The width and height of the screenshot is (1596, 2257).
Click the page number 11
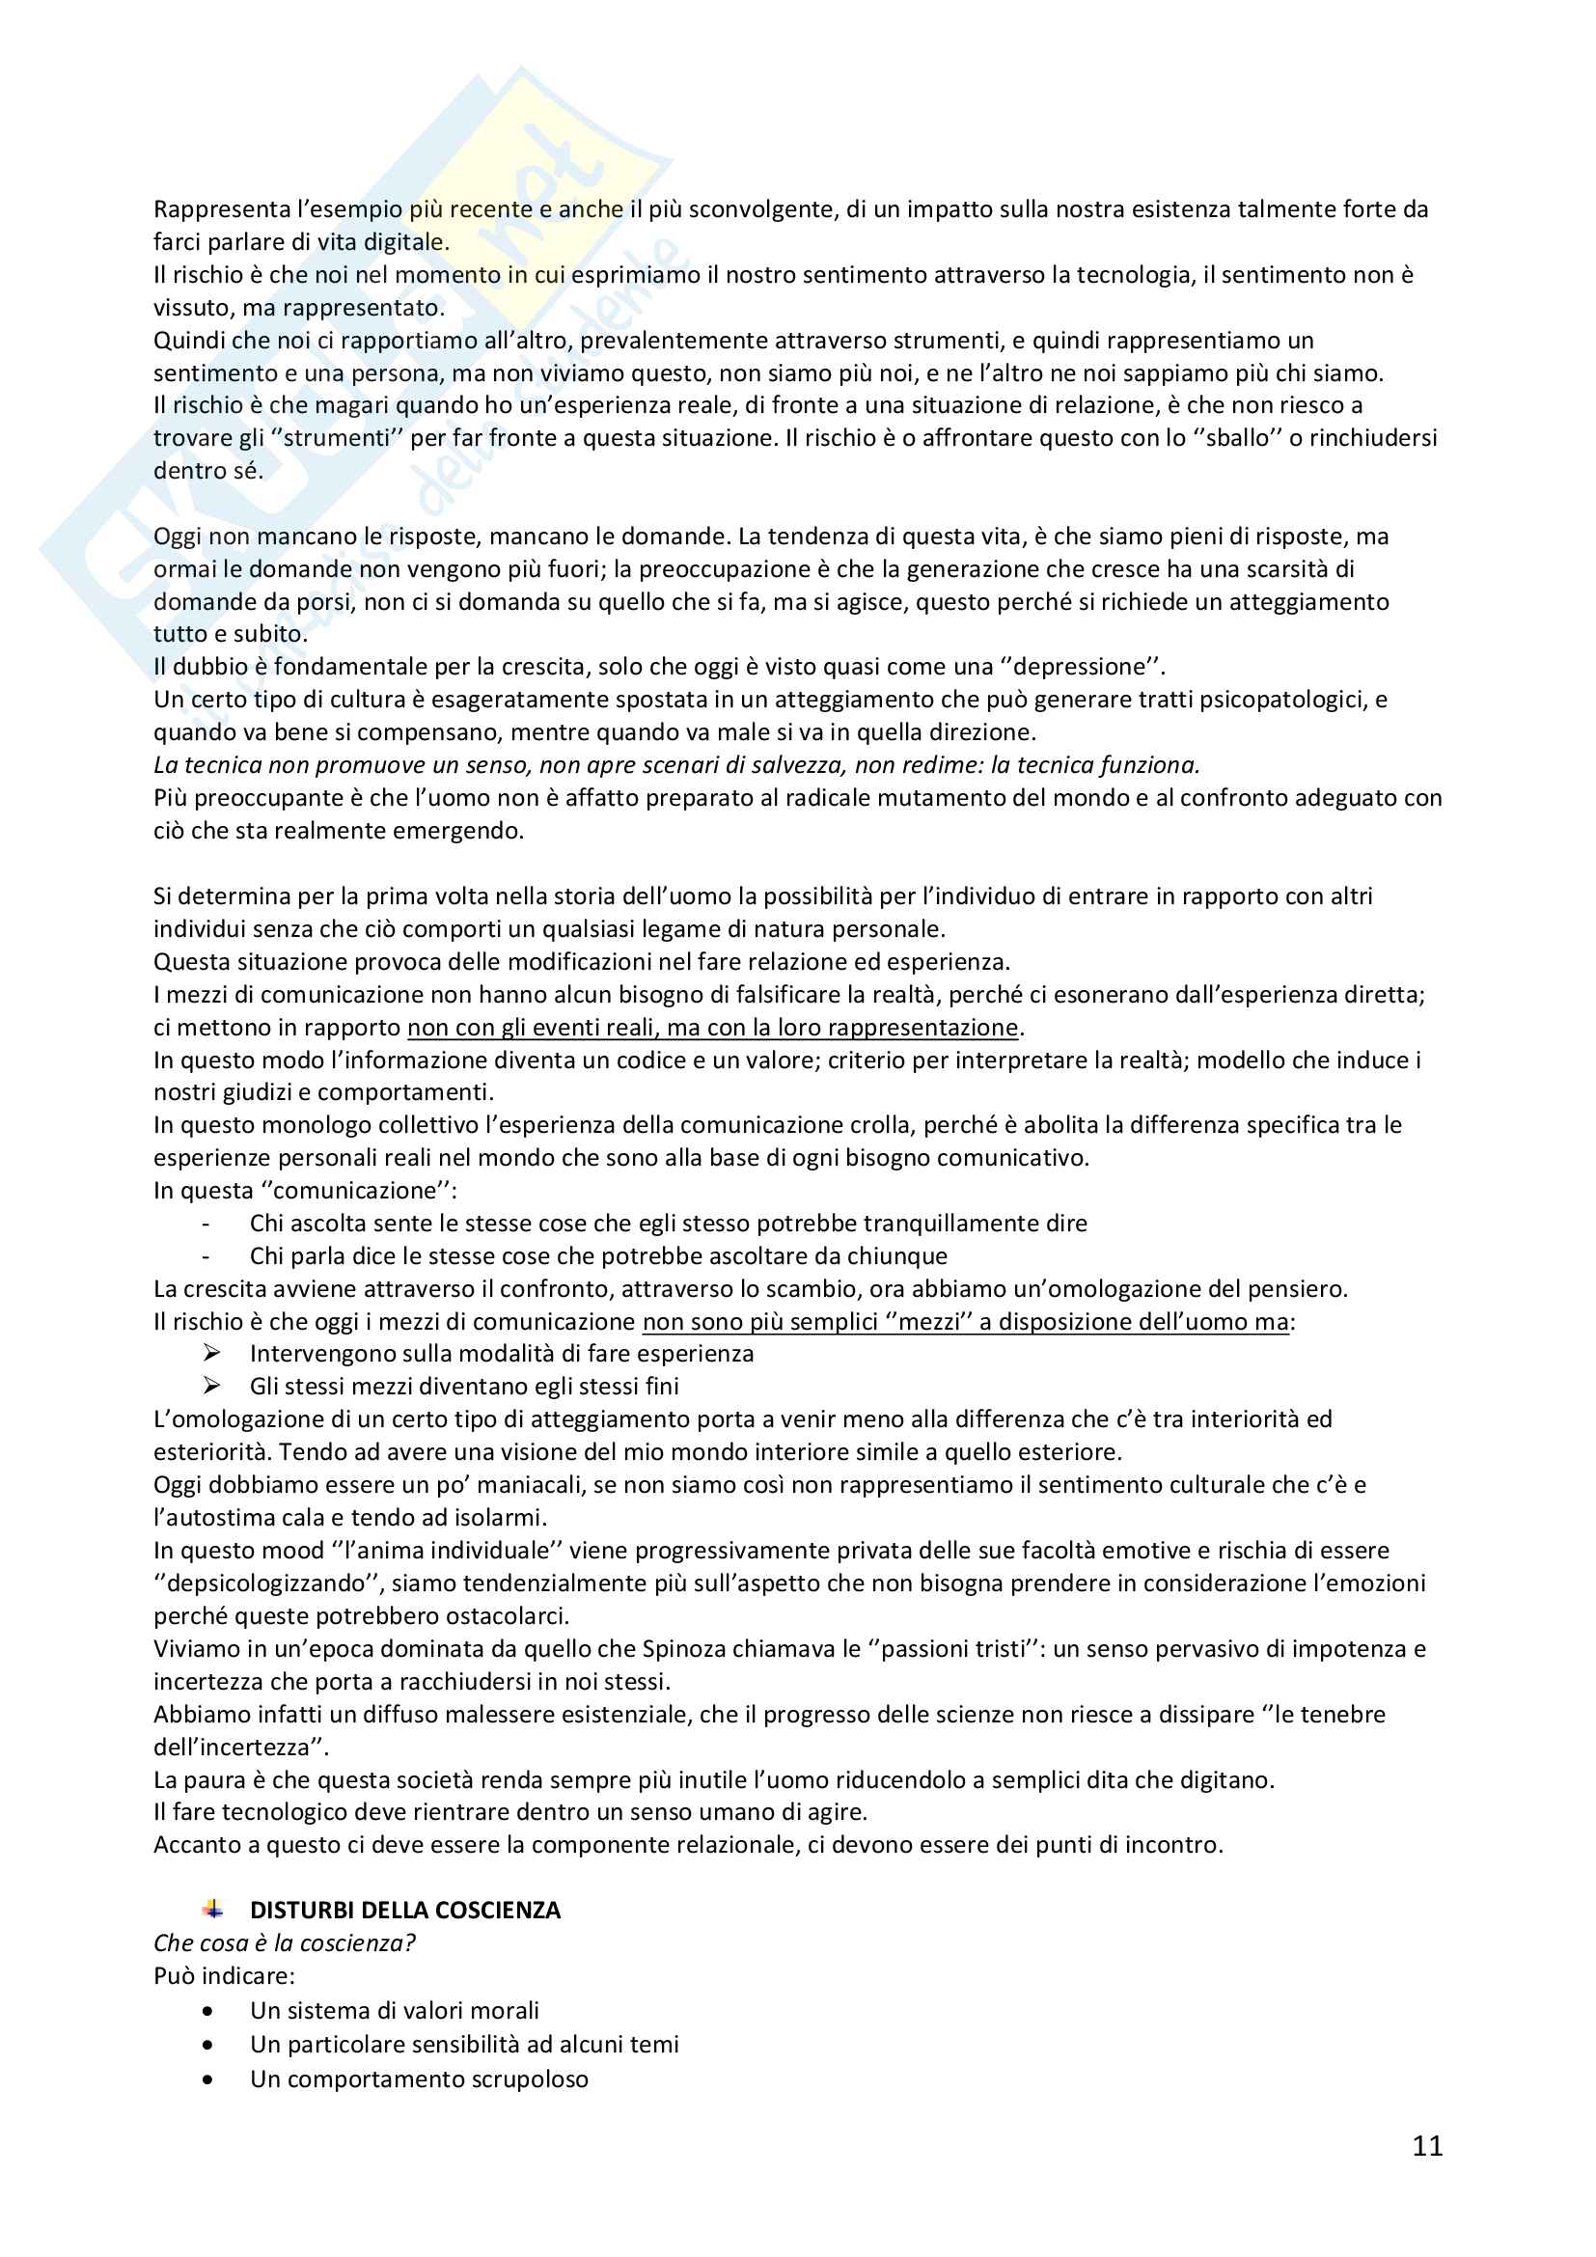1427,2146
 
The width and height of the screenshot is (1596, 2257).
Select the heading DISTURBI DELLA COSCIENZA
405,1910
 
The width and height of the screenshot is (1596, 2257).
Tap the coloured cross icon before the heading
212,1910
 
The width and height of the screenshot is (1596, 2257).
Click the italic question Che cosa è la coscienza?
285,1943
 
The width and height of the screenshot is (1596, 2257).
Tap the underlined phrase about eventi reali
713,1028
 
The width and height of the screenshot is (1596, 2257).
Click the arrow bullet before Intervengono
211,1354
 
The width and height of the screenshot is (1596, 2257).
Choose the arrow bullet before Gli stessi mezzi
211,1386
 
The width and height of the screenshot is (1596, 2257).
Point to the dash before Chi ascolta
206,1224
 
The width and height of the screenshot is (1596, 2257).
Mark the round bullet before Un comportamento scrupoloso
207,2080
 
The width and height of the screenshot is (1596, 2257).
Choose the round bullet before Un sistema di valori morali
207,2011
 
